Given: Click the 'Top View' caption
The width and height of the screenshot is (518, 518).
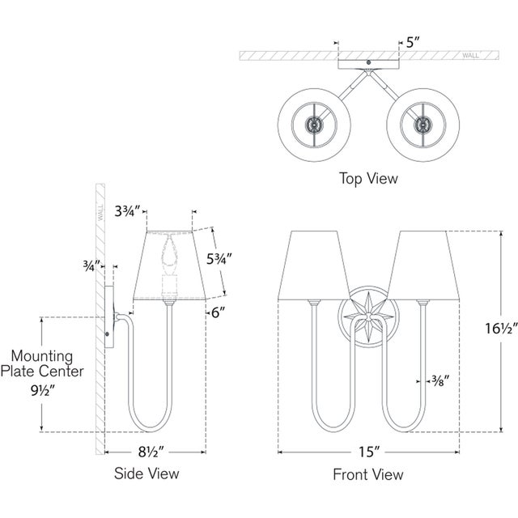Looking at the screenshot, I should (x=367, y=178).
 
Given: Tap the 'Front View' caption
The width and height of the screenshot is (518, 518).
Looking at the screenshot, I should (x=368, y=474).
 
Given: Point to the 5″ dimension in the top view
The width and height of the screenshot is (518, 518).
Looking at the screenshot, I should (x=414, y=42).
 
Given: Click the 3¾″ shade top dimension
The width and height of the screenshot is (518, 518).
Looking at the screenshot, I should (x=128, y=211).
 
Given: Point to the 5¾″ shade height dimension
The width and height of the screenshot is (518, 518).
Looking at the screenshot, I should (x=219, y=260).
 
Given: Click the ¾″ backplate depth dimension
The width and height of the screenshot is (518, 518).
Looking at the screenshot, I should (x=91, y=265).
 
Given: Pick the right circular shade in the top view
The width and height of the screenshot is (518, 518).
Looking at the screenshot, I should (x=421, y=125).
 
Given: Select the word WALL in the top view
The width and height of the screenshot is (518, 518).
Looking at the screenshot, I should (x=470, y=56).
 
